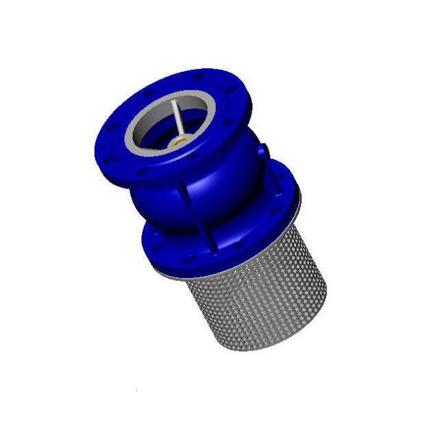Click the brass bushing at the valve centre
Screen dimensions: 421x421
(x=181, y=137)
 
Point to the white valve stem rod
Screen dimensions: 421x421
(x=178, y=120)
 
